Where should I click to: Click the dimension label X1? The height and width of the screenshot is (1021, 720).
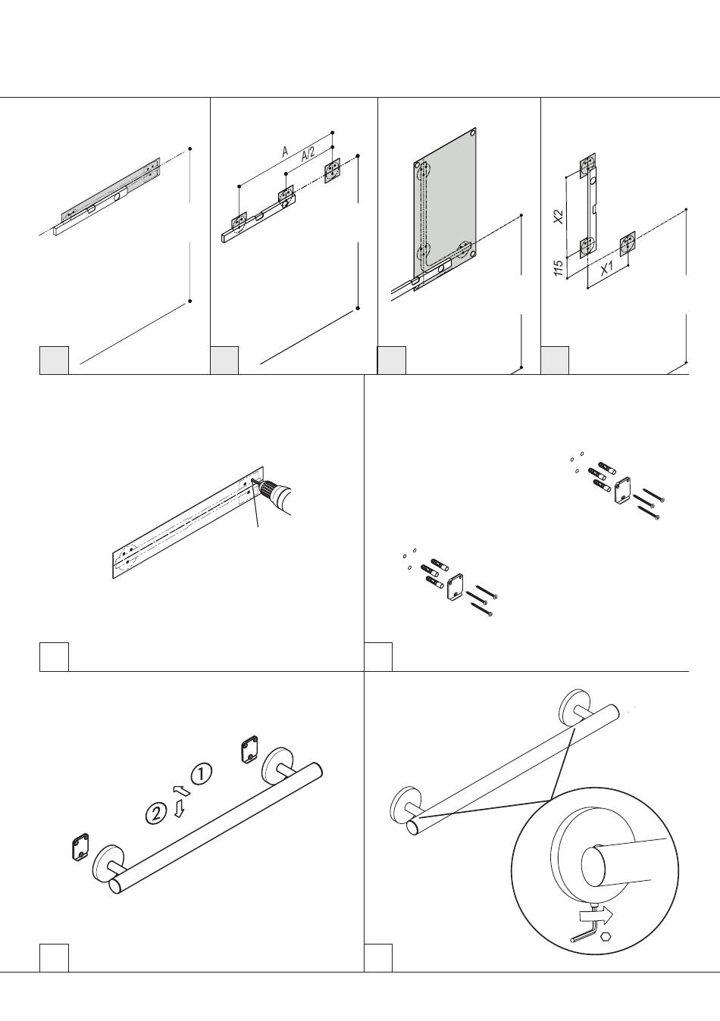click(x=607, y=268)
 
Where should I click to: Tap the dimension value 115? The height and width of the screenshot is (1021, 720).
click(x=557, y=267)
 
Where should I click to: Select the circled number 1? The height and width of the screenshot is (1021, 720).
click(x=201, y=774)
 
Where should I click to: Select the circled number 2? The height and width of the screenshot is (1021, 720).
click(x=156, y=813)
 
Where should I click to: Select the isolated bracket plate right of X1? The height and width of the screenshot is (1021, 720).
click(x=627, y=242)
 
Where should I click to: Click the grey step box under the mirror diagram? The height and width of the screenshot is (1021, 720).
click(x=392, y=361)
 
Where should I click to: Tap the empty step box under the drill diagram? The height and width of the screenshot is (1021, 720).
click(x=55, y=657)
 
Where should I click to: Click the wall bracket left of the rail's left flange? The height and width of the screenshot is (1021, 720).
click(x=80, y=847)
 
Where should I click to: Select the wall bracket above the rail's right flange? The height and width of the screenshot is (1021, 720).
click(x=249, y=749)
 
